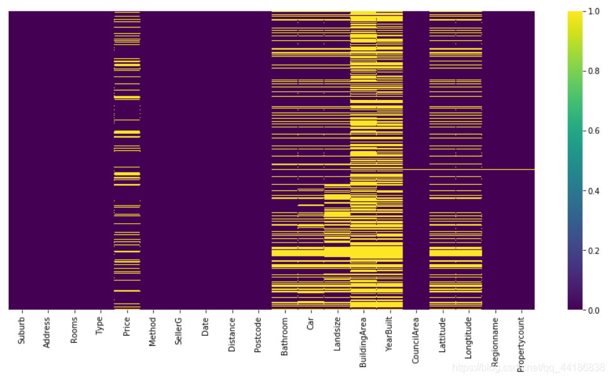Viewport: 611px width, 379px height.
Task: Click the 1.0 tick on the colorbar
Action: (x=593, y=11)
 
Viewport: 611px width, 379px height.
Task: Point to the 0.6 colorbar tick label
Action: (x=593, y=131)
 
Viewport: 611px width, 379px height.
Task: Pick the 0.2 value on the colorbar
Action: (x=593, y=250)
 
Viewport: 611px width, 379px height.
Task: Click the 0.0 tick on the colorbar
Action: (x=593, y=310)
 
